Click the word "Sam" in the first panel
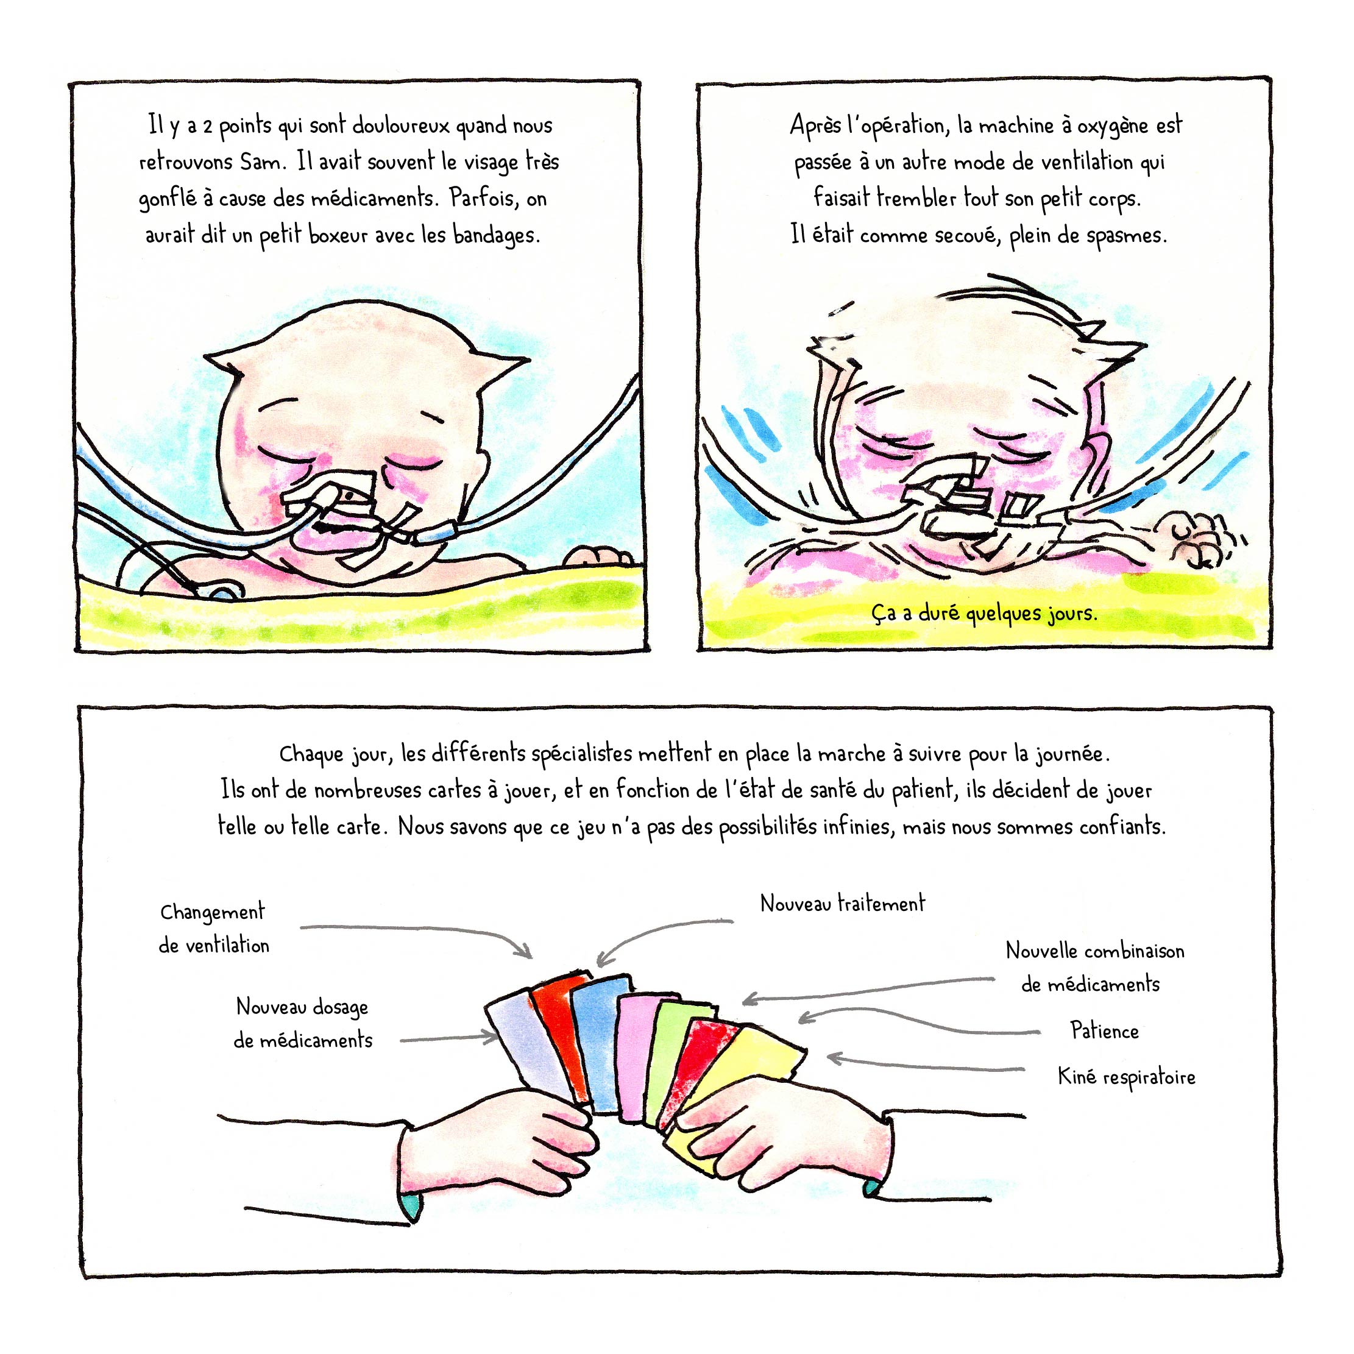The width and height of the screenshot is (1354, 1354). click(263, 162)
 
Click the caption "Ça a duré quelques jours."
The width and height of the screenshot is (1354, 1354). click(984, 614)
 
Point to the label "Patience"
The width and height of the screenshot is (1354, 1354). click(1105, 1031)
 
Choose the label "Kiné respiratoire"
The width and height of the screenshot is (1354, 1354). click(1126, 1077)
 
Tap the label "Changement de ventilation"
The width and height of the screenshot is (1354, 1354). click(214, 929)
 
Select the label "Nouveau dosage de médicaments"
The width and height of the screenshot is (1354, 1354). click(303, 1023)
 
